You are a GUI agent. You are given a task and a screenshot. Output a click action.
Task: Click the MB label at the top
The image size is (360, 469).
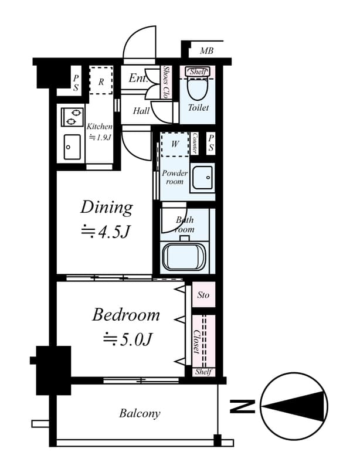[x=206, y=51]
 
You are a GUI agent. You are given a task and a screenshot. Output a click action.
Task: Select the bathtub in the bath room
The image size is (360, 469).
[x=185, y=256]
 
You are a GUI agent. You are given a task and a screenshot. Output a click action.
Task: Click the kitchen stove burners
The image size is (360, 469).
[x=72, y=117]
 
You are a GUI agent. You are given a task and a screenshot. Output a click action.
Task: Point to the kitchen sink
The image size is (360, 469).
[x=73, y=147]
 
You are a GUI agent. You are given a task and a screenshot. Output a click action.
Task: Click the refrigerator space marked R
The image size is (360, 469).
[x=101, y=81]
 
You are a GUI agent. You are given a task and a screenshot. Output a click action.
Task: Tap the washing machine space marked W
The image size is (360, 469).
[x=175, y=144]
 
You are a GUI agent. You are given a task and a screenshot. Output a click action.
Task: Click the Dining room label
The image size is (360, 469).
[x=106, y=208]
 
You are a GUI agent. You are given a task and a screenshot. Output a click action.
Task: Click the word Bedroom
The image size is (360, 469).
[x=125, y=315]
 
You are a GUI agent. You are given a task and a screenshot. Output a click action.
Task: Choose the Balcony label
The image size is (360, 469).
[x=140, y=413]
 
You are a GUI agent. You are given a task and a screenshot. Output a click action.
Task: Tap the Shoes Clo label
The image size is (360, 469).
[x=167, y=82]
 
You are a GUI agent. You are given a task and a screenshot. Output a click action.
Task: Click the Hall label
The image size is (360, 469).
[x=141, y=110]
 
